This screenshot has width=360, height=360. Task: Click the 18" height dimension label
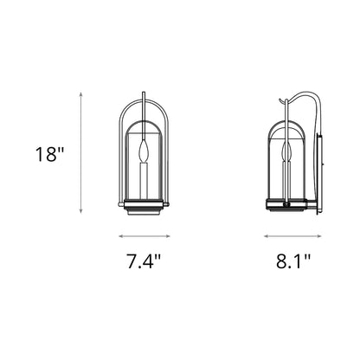point(49,156)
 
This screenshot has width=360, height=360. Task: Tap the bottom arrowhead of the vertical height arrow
point(82,211)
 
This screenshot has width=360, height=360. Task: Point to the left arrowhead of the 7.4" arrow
point(120,235)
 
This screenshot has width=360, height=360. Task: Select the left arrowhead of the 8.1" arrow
point(265,235)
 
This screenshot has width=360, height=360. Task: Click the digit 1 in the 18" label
point(41,156)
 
